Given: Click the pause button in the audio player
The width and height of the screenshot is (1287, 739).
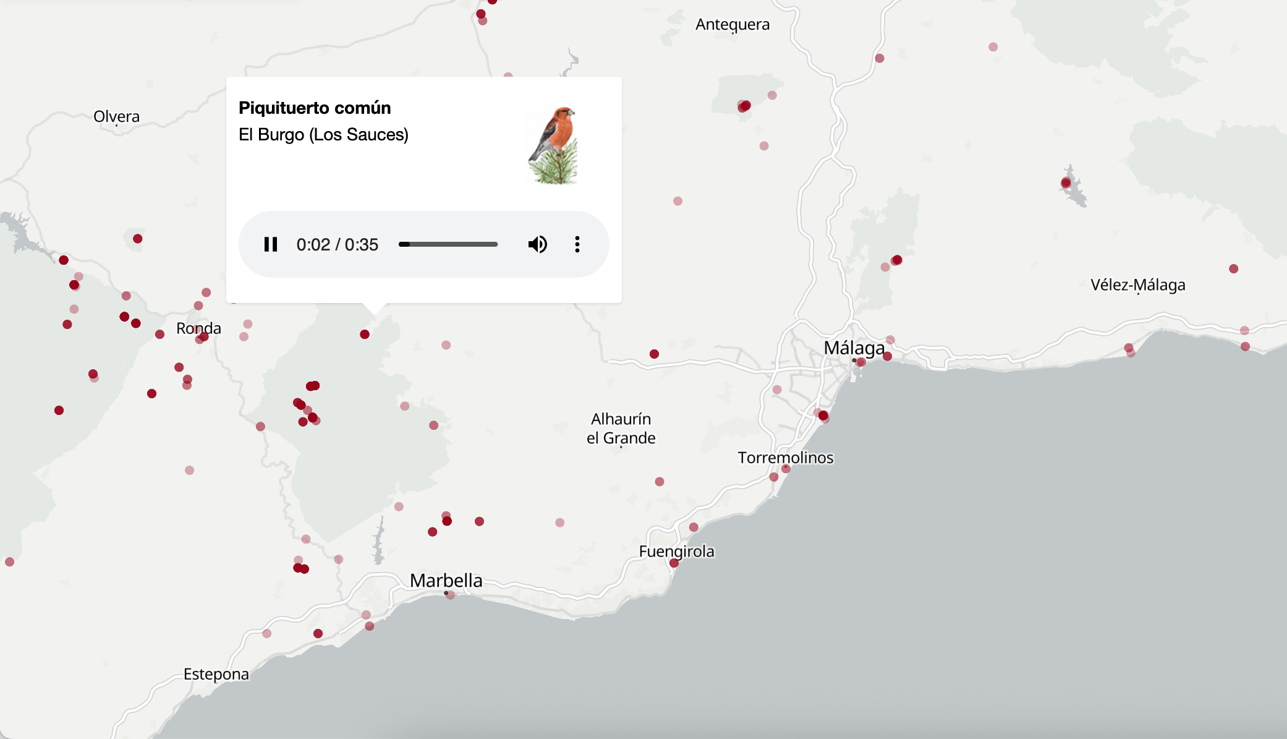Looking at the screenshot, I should [x=271, y=244].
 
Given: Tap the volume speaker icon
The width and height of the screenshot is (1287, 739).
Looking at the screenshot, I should [x=537, y=244].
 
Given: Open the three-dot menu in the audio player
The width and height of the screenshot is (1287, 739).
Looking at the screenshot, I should [x=577, y=244].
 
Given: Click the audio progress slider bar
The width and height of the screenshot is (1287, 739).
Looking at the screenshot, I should [x=448, y=244].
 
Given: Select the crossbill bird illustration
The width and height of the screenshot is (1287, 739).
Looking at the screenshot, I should [x=553, y=146].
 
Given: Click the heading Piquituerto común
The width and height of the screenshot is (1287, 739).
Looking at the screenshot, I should [x=315, y=108].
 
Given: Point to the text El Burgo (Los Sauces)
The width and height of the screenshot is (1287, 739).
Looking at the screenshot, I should [x=323, y=134].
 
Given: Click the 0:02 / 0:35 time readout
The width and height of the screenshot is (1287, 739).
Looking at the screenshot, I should [x=337, y=244].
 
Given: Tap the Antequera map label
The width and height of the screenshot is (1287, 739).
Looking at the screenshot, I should [x=733, y=24].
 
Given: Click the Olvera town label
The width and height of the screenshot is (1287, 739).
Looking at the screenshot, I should [x=116, y=116].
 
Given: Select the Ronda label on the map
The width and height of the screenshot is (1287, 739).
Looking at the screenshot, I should [x=198, y=328].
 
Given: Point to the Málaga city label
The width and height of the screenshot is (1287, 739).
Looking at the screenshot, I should [x=854, y=348].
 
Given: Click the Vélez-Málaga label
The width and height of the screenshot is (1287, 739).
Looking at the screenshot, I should [x=1137, y=284].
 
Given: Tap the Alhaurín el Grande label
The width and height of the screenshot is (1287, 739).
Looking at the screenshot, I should [x=621, y=428].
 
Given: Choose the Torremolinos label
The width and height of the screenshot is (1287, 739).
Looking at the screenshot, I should [x=785, y=458].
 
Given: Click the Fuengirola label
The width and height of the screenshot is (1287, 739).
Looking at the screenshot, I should [x=676, y=551].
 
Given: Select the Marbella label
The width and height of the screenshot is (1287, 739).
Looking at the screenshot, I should [x=446, y=580].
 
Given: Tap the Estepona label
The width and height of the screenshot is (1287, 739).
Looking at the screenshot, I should [x=216, y=674].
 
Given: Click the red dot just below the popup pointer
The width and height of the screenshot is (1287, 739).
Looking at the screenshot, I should [x=365, y=335].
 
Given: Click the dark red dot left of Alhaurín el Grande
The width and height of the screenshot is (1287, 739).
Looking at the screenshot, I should [x=654, y=354].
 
